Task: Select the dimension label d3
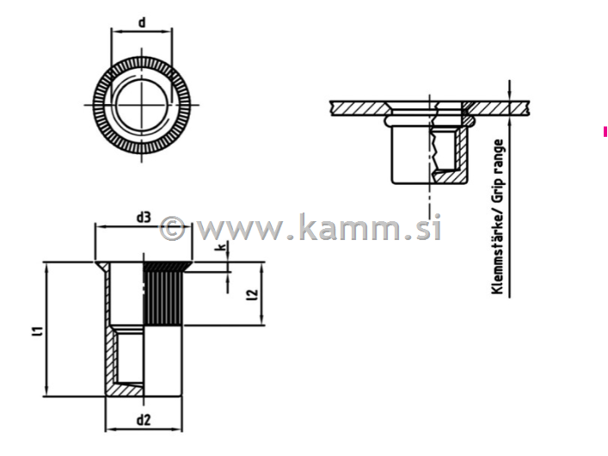pos(144,217)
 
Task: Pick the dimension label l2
pos(251,296)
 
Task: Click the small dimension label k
pos(221,248)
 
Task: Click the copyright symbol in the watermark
pos(173,228)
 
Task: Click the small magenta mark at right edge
pos(605,131)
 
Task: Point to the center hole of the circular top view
pos(141,104)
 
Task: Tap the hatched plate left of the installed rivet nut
pos(357,108)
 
